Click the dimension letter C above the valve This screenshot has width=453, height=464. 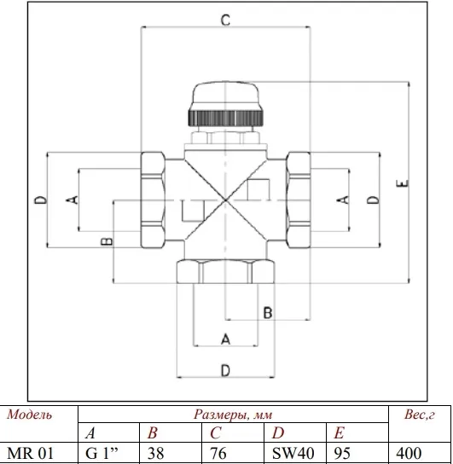225,20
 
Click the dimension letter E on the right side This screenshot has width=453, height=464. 402,183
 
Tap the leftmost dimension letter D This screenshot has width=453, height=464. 41,200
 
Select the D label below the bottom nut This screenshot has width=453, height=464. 225,370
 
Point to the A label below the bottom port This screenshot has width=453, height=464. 225,339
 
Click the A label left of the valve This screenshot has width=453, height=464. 72,200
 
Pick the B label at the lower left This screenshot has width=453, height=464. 107,241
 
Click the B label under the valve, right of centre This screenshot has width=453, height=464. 268,313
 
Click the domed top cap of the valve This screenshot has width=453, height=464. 225,95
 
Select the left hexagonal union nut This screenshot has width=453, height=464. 153,200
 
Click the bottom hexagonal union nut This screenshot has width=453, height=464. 225,271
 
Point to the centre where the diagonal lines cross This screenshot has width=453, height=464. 225,200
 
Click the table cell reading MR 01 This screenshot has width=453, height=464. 30,453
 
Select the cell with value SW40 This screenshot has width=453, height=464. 293,453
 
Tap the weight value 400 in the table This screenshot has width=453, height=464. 409,453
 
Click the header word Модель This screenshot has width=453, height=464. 29,415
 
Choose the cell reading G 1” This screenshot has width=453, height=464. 102,453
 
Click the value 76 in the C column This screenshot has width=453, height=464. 218,453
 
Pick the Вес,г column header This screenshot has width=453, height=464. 419,415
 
